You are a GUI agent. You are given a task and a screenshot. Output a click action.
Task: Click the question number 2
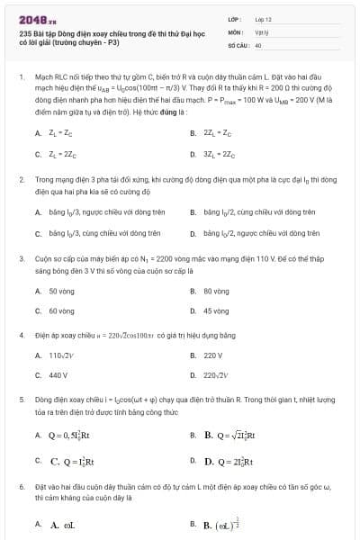point(20,180)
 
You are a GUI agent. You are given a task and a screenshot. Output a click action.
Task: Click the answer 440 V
point(58,374)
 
